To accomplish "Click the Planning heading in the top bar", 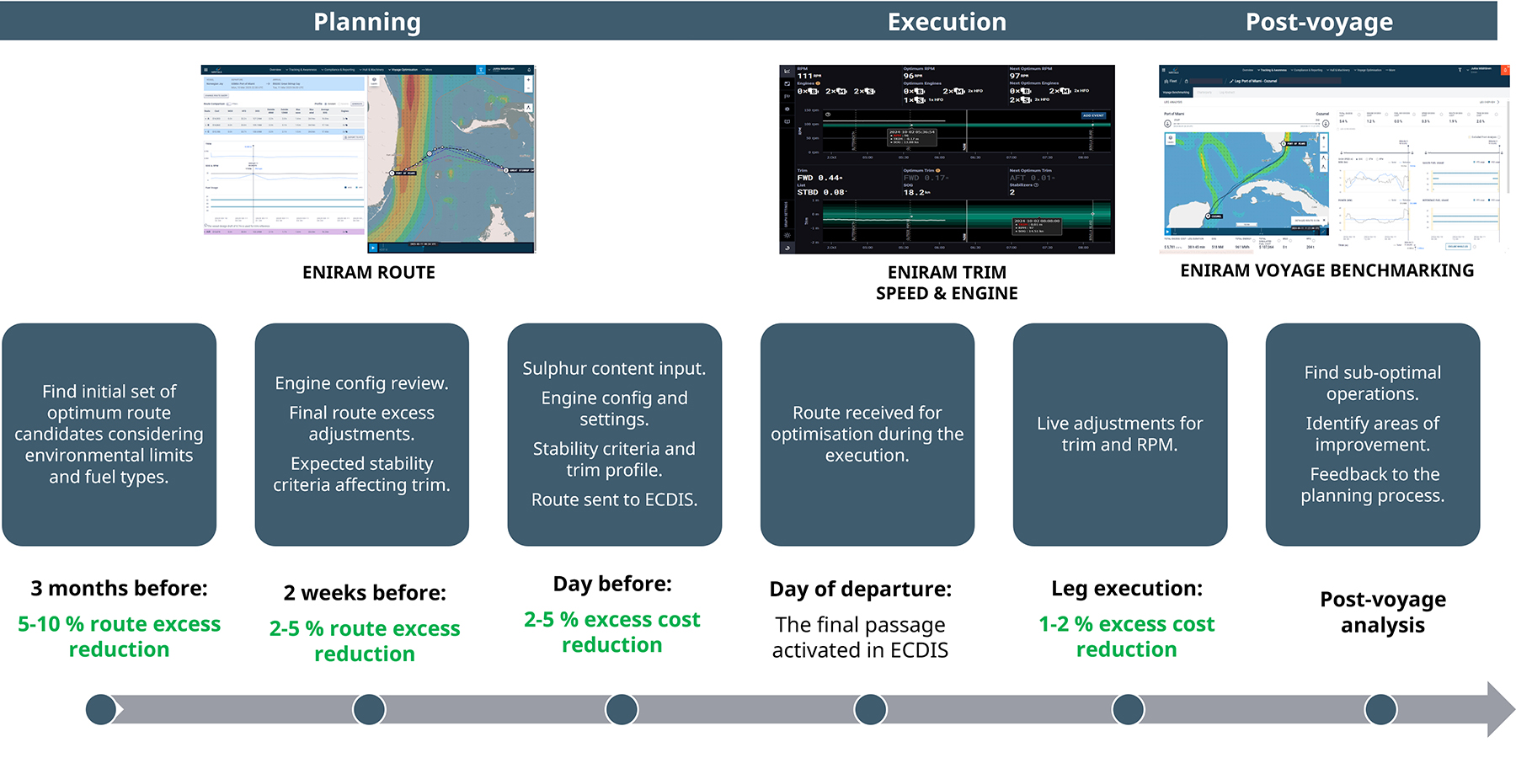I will [367, 22].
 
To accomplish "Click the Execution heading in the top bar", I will [947, 22].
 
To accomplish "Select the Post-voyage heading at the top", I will [1319, 22].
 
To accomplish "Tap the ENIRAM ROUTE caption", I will [369, 272].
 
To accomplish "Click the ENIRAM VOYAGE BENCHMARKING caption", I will [1326, 270].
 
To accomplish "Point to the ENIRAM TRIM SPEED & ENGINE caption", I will [947, 282].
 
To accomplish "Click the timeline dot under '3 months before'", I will [101, 709].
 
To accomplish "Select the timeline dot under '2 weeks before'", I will [369, 709].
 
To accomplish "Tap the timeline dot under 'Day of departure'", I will [870, 709].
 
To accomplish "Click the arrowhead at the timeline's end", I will [1499, 709].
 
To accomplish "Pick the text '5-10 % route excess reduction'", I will [120, 637].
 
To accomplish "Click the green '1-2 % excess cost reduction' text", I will [1126, 637].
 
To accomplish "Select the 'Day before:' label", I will [612, 584].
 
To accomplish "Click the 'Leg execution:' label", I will [1127, 588].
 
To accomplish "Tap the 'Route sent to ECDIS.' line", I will [614, 499].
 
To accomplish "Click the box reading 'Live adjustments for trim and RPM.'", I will [1119, 434].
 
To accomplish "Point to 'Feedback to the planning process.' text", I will [1373, 485].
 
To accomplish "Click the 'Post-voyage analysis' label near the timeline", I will [1382, 612].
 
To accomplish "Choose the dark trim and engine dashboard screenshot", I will [947, 159].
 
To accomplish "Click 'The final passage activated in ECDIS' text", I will [860, 638].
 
